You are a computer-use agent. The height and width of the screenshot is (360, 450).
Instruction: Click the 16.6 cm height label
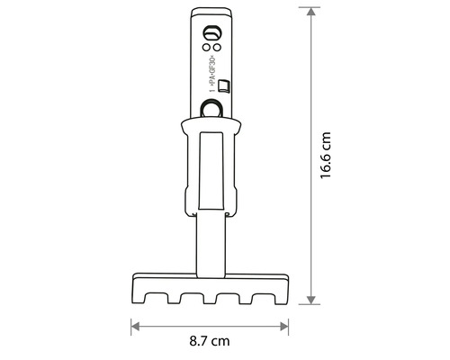326,157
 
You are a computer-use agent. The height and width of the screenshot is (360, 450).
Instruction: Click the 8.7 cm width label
210,342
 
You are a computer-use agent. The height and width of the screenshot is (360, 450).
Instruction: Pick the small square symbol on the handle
222,86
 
